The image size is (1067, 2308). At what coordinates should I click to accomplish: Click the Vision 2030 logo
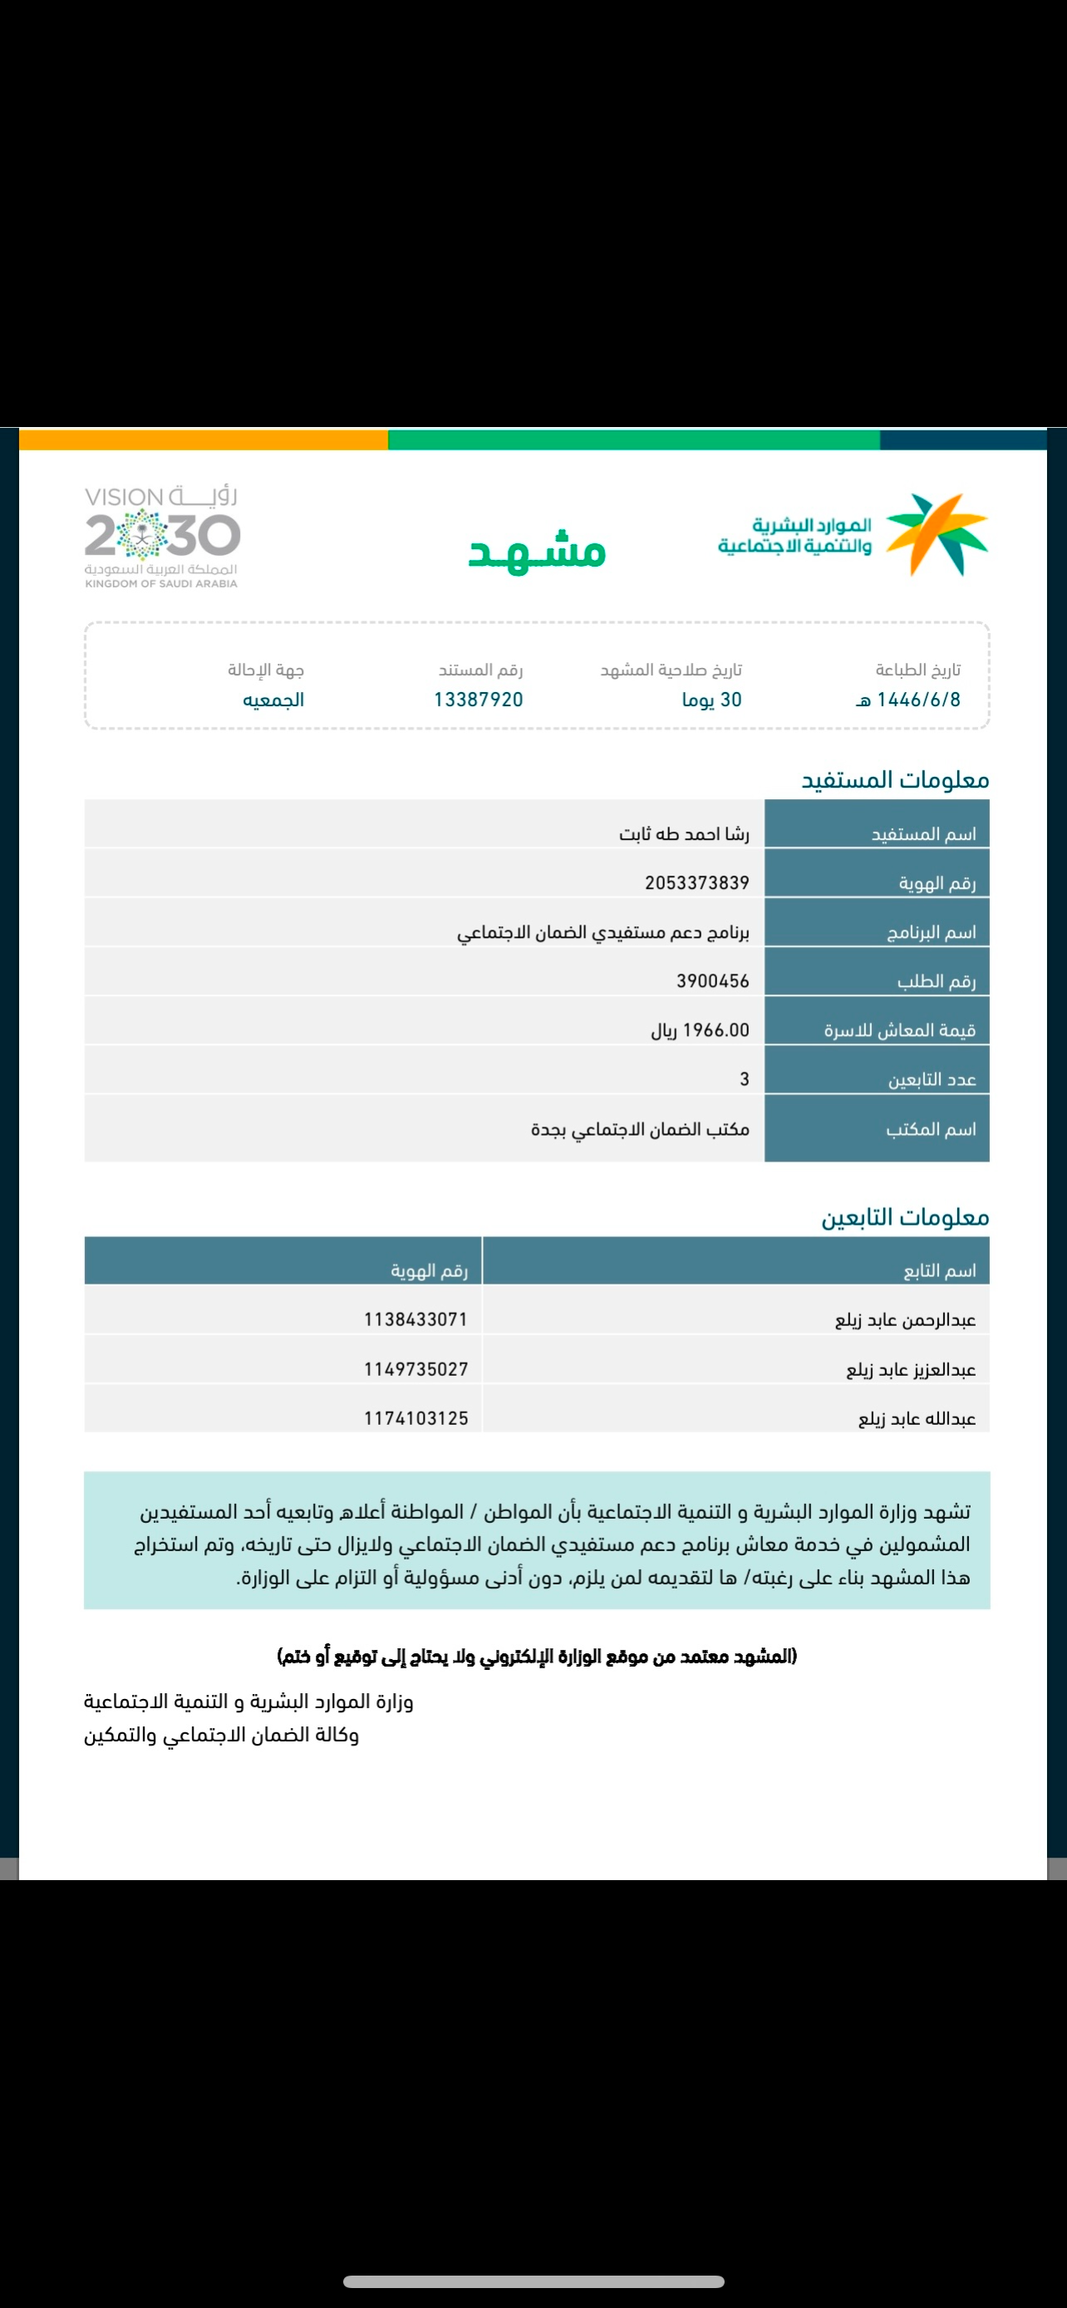162,537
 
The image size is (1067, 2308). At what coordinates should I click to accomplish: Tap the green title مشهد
538,550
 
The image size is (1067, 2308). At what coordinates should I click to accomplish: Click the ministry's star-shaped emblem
937,533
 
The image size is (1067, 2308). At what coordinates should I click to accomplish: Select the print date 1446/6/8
908,700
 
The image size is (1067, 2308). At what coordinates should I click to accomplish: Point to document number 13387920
479,700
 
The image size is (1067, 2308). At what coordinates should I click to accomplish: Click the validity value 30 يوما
711,700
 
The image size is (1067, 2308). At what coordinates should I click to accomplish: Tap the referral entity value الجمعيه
273,700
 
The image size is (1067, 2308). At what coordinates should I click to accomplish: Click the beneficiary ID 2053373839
697,882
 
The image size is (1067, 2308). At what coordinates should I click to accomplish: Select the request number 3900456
712,981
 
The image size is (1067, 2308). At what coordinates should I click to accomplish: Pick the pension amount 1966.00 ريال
700,1030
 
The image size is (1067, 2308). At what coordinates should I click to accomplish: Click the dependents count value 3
744,1079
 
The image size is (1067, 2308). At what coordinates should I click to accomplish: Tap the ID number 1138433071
415,1319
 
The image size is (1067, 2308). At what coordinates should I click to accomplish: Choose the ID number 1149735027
415,1369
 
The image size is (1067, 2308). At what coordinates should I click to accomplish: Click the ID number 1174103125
415,1418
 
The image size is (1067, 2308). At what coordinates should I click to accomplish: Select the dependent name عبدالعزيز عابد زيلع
910,1370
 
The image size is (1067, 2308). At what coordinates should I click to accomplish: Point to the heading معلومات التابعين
905,1218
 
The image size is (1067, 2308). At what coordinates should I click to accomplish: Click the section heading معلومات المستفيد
895,780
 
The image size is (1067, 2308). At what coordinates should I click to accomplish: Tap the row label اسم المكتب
931,1129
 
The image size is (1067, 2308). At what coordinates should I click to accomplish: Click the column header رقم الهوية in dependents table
429,1270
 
